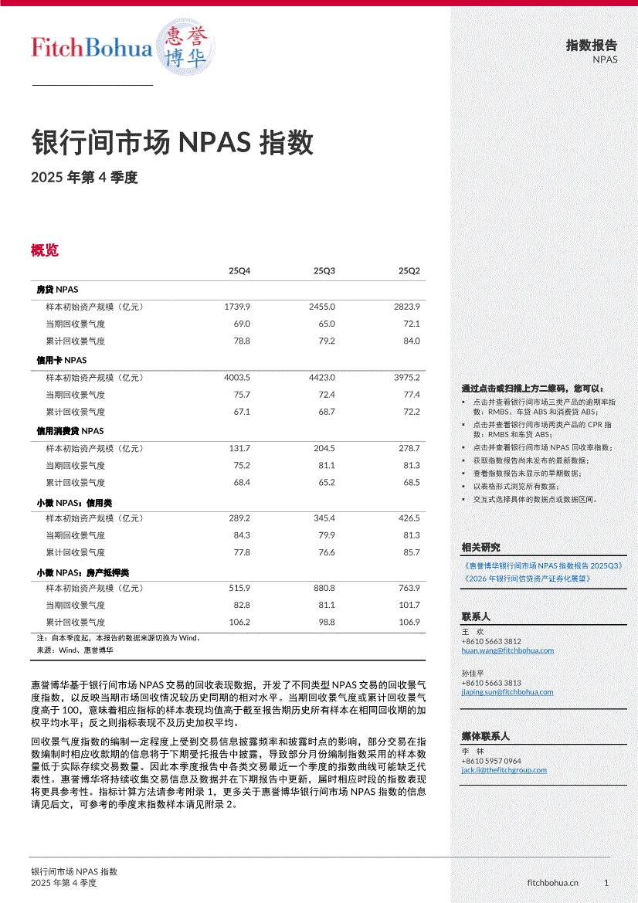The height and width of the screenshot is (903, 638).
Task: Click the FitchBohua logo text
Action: pos(91,48)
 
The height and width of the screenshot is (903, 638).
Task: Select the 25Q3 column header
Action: pos(324,271)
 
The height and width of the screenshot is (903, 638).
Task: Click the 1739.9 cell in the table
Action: pos(237,307)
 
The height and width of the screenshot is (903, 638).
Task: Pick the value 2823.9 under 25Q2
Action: pos(406,307)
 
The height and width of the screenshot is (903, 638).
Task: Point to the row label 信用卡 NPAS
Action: pos(62,360)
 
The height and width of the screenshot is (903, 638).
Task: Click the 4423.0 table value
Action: pos(321,378)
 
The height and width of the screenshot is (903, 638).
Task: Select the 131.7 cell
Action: pos(239,448)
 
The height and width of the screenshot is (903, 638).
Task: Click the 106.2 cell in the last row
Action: pos(239,622)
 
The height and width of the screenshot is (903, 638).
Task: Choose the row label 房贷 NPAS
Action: pos(57,289)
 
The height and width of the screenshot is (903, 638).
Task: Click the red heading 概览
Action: pos(44,250)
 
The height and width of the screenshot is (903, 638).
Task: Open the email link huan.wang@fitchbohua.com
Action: pos(507,650)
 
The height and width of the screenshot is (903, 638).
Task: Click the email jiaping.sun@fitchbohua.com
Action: pos(507,692)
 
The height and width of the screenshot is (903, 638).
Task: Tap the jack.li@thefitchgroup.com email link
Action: pos(504,770)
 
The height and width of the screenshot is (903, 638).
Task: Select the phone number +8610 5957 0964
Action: pos(491,761)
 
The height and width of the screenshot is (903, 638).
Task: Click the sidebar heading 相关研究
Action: pos(480,548)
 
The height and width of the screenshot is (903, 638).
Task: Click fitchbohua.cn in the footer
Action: pos(552,882)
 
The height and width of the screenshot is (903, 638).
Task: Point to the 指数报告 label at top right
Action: pos(592,46)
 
